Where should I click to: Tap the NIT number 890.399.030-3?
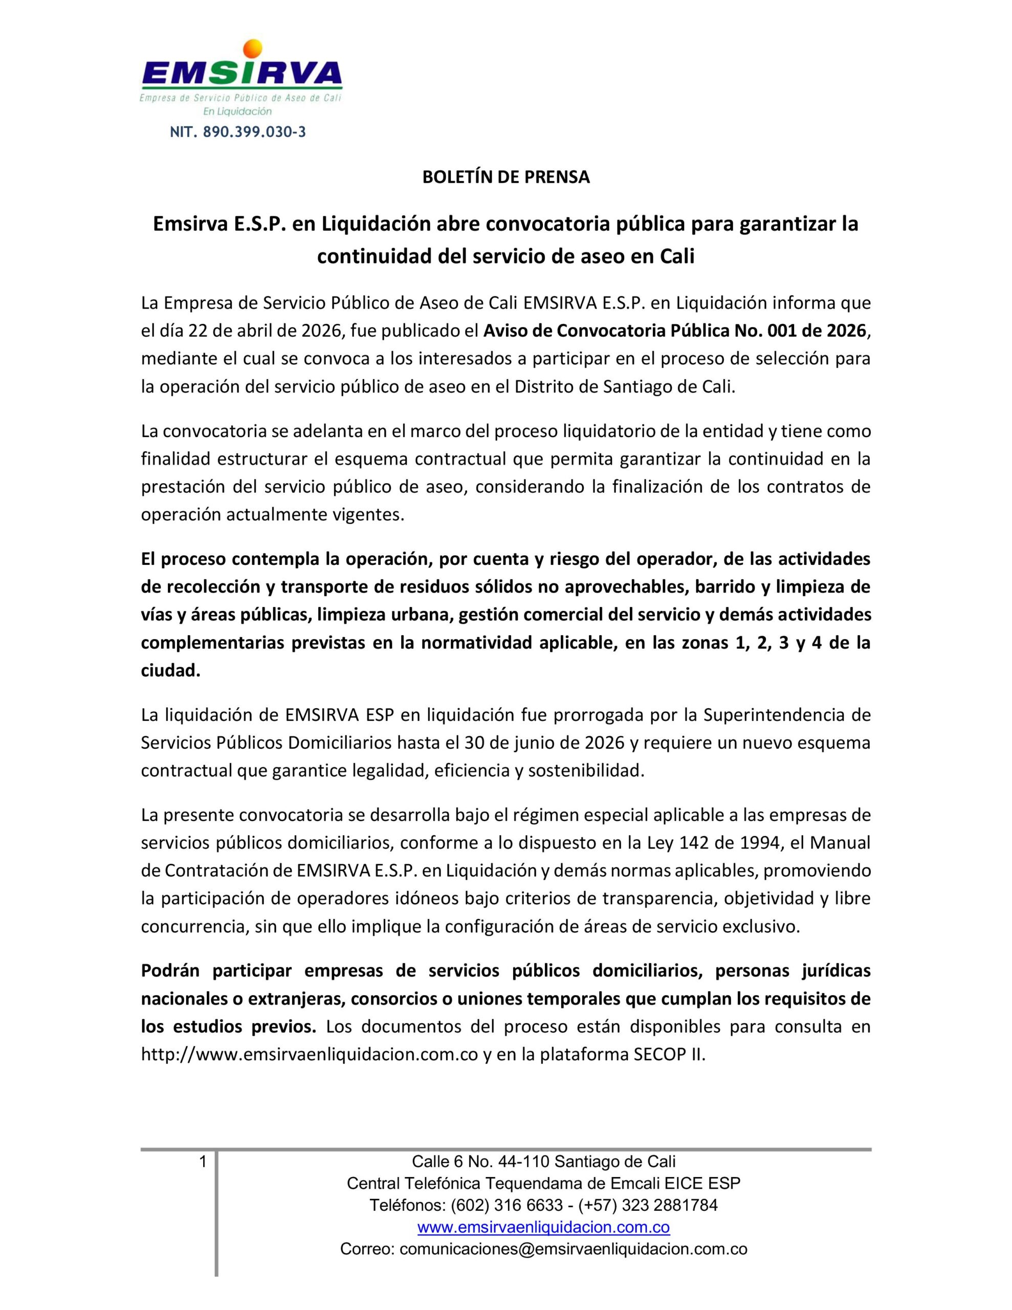click(x=238, y=132)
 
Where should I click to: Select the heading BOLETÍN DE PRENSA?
click(x=505, y=178)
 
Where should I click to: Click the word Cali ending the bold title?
click(x=677, y=256)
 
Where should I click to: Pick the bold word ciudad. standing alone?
click(x=170, y=670)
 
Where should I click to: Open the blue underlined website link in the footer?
click(x=543, y=1227)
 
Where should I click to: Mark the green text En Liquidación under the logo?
click(x=237, y=112)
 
